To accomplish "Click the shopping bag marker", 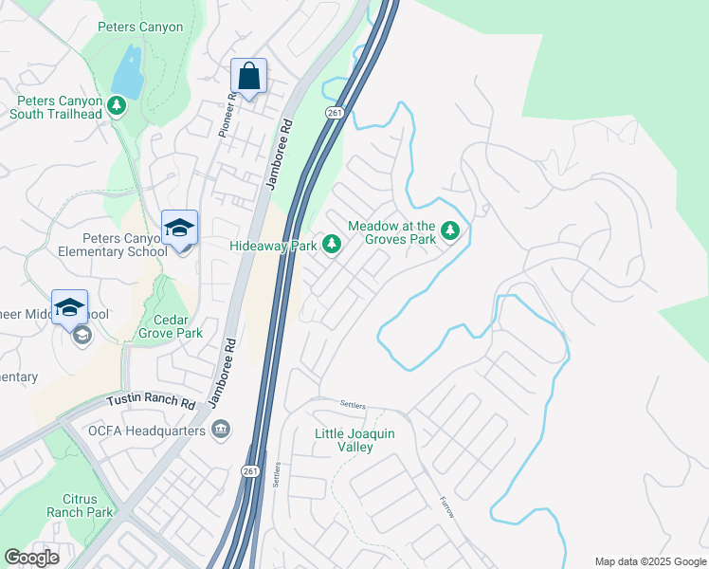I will [x=248, y=77].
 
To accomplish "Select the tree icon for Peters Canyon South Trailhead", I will [x=117, y=104].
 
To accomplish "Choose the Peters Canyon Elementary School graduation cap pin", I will [x=179, y=229].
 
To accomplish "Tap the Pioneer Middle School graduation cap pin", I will [x=69, y=308].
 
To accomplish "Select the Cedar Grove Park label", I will [x=171, y=326].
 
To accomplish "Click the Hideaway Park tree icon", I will [x=332, y=245].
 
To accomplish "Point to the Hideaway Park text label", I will [x=273, y=246].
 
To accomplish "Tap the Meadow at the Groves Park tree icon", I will [x=451, y=230].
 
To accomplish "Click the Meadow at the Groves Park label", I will [x=391, y=232].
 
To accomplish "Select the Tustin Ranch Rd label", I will [x=150, y=402].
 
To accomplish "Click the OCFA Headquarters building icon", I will [x=222, y=431].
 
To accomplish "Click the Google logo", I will [x=32, y=558].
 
